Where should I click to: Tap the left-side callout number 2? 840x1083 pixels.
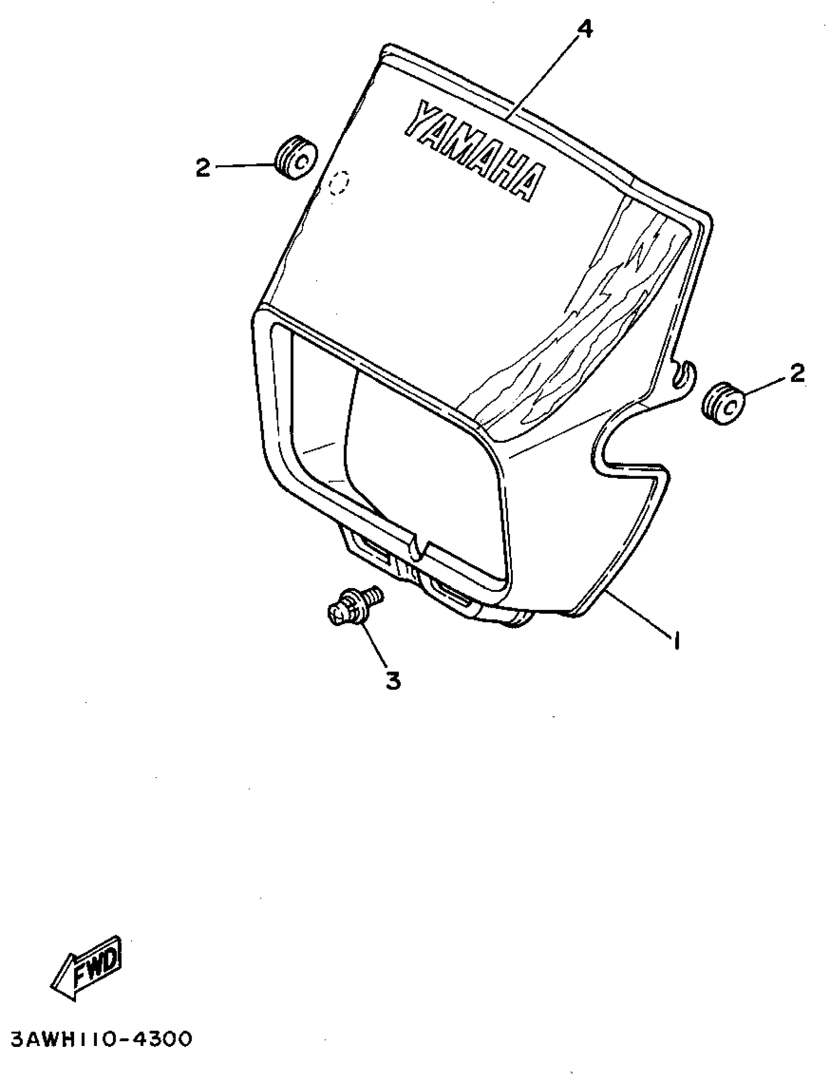coord(203,168)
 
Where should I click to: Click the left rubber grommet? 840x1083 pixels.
coord(296,157)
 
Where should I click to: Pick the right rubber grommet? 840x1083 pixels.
coord(723,404)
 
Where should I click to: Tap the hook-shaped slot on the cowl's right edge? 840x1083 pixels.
coord(684,374)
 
